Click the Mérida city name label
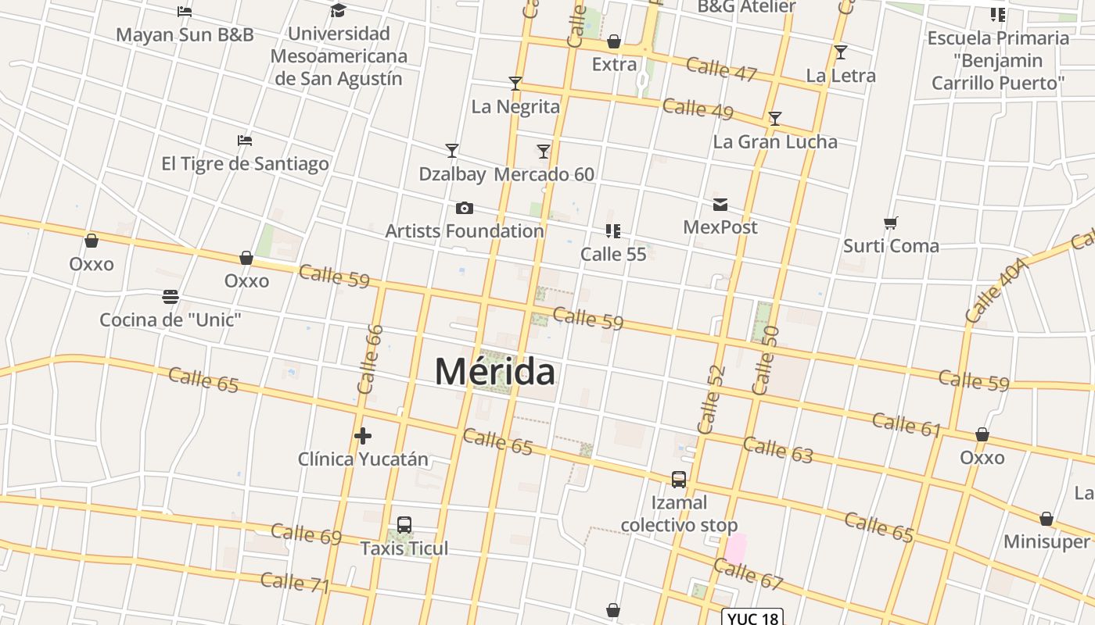pos(495,371)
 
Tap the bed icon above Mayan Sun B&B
pos(185,12)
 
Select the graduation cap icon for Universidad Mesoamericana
pos(338,10)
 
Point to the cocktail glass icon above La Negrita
pos(515,83)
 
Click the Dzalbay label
pos(452,174)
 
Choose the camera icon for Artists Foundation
pos(464,208)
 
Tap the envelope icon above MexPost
pos(720,205)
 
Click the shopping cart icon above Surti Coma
pos(890,223)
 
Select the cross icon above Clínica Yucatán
pos(362,436)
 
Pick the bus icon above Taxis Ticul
pos(404,525)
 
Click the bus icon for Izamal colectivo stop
pos(679,479)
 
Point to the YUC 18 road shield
pos(752,618)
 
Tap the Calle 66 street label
pos(370,359)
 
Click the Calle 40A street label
pos(995,291)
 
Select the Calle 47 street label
pos(721,69)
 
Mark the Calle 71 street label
pos(295,583)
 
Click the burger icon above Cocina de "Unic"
pos(171,297)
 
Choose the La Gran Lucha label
pos(774,142)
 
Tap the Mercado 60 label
pos(544,174)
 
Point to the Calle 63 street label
pos(777,449)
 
